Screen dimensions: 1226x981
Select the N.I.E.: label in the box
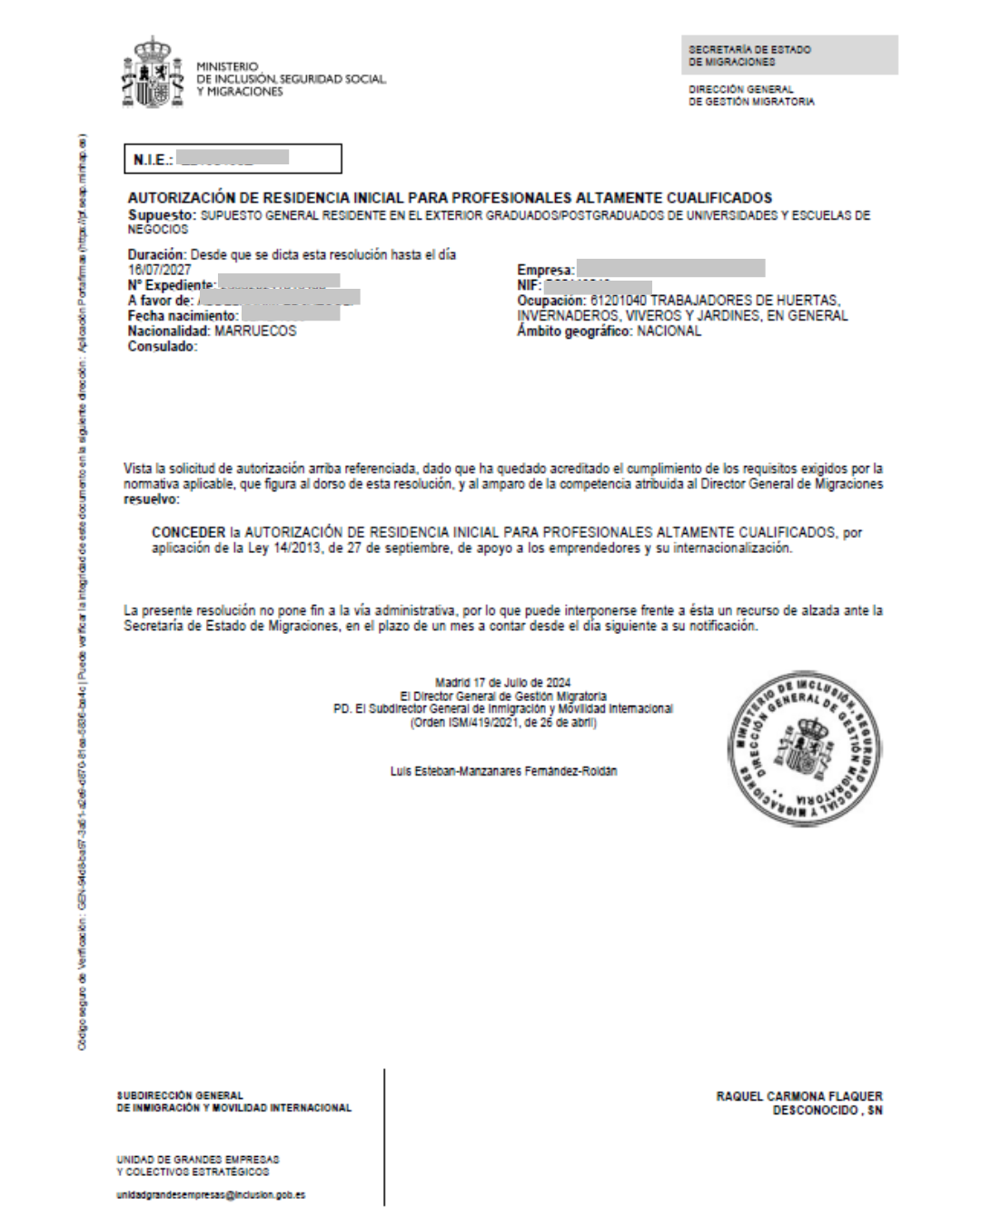click(153, 160)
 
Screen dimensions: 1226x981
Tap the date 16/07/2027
click(159, 271)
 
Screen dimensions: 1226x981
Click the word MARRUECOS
click(255, 331)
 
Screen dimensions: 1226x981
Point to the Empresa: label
click(546, 270)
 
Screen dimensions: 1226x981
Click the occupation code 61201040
click(621, 301)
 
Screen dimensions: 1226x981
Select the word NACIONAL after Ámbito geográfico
click(669, 331)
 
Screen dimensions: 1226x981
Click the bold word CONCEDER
click(188, 533)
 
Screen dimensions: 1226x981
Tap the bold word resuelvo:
click(152, 499)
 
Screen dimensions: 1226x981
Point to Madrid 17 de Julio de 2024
click(502, 682)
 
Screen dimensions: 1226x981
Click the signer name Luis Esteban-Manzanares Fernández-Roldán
click(502, 771)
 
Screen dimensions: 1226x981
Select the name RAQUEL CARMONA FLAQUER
click(799, 1097)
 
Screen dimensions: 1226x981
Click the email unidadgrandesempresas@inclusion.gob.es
click(211, 1195)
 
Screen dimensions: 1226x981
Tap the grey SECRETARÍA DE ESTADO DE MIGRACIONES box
click(788, 55)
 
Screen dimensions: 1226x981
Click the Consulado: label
click(163, 347)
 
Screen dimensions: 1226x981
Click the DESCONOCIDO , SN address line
click(827, 1111)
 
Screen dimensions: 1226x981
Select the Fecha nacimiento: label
click(183, 316)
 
